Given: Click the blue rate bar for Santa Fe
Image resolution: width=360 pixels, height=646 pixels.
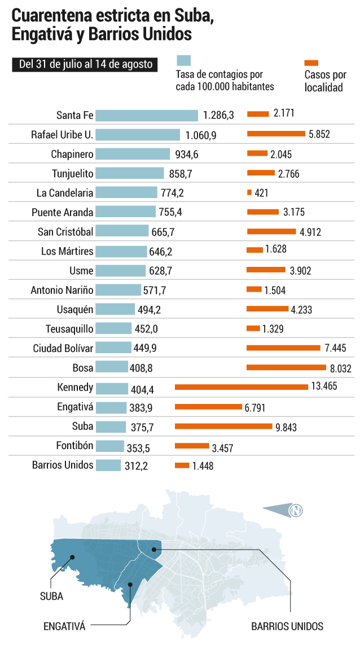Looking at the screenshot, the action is point(147,115).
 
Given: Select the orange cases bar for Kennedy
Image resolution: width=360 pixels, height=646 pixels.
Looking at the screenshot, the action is point(242,387).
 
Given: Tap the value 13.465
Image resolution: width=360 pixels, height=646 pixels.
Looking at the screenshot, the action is point(324,386).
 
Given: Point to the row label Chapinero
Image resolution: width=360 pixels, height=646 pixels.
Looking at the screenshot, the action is point(72,154).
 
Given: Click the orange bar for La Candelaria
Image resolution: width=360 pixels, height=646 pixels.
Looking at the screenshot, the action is point(249,192).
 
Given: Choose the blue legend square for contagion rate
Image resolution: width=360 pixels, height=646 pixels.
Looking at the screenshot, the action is point(184,60).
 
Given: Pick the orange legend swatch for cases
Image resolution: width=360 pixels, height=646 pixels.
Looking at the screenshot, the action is point(311,63).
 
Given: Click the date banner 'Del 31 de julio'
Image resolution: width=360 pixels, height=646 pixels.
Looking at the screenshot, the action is point(85,64).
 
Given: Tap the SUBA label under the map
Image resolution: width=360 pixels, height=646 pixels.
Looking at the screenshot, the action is point(51,596).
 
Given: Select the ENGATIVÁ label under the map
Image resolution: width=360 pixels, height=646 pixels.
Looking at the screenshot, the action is point(64,627).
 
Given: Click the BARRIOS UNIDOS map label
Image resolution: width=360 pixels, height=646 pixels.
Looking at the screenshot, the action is point(287,627).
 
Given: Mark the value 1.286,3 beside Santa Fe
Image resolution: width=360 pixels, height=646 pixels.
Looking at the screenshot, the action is point(219,115).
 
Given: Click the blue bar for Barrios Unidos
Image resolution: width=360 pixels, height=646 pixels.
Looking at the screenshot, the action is point(108,465).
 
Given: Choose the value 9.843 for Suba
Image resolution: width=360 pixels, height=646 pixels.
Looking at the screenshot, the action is point(286,427).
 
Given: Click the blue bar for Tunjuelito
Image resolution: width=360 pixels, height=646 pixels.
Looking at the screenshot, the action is point(130,173).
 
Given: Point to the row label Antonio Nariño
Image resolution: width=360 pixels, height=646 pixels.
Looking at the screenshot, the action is point(62,291).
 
